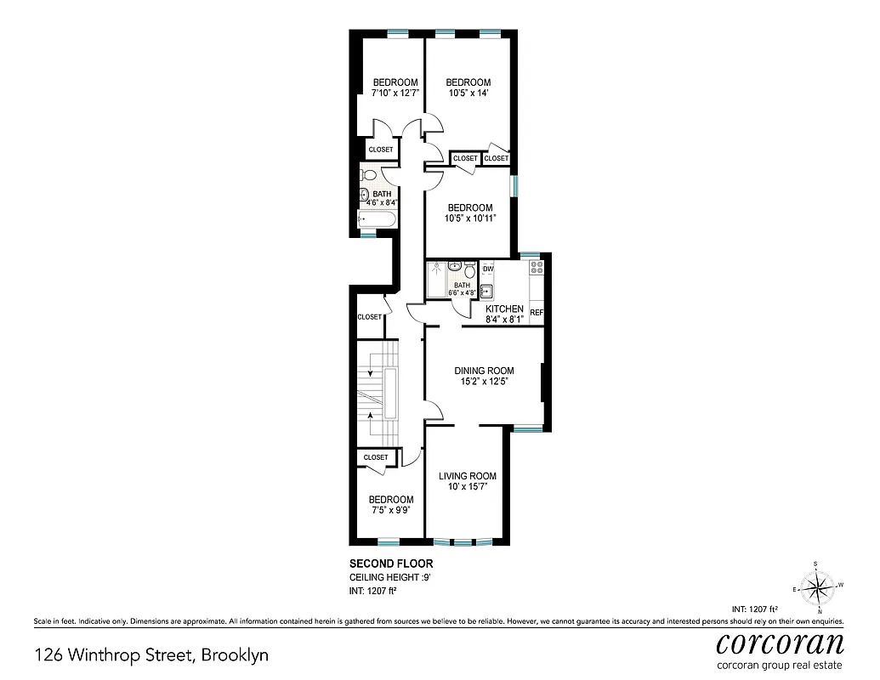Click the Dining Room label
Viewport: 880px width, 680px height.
pos(484,371)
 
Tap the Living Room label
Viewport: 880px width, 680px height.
pos(467,476)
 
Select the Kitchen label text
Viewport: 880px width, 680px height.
pos(504,309)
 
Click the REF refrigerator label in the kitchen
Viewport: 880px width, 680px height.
pos(537,313)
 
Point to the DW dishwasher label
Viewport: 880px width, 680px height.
pos(488,269)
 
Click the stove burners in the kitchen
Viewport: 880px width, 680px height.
pos(537,272)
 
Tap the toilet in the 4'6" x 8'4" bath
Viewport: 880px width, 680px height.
pos(366,175)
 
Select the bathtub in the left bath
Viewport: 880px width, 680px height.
pos(375,220)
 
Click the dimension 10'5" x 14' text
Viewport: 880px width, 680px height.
pos(468,93)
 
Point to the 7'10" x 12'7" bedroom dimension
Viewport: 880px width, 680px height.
pos(395,93)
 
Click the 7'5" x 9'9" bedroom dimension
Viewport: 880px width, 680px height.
pos(391,511)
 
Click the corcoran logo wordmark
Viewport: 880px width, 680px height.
pos(780,642)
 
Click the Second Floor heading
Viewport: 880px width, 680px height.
pos(391,564)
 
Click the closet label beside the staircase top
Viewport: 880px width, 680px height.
pos(370,317)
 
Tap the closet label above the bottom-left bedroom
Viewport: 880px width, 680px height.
pos(376,457)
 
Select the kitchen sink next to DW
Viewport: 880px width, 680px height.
pos(487,291)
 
